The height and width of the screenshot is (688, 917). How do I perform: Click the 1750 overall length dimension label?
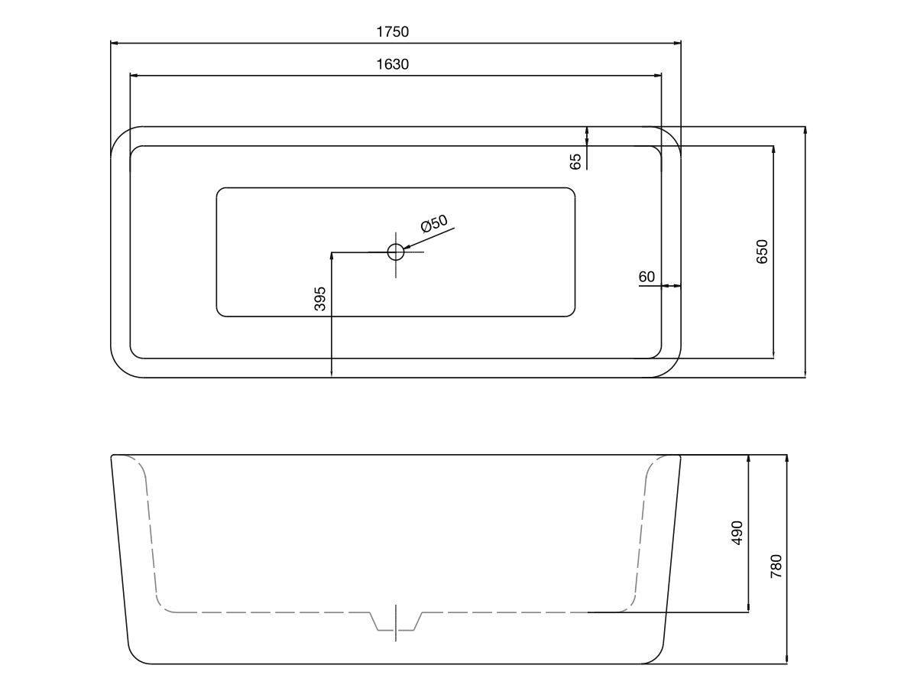coord(392,32)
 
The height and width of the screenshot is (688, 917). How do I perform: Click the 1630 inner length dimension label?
coord(392,64)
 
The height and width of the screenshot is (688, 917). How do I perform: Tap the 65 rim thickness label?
coord(575,161)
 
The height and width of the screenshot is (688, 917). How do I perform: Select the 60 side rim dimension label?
coord(646,277)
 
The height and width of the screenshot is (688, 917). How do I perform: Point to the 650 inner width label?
coord(762,252)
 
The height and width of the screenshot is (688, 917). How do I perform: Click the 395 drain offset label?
coord(319,299)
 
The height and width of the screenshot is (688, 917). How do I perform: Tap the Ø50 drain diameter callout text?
coord(434,223)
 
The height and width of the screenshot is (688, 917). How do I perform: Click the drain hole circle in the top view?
coord(396,252)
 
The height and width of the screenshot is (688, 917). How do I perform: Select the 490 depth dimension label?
coord(737,533)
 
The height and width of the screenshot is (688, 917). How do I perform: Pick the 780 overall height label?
coord(776,566)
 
